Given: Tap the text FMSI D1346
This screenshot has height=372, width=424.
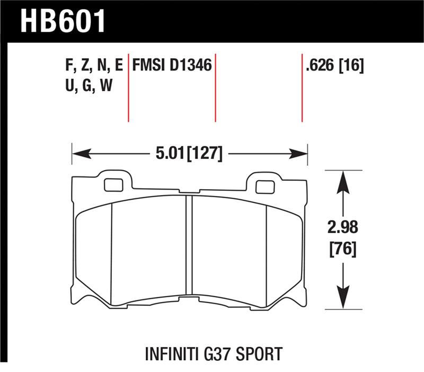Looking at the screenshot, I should coord(172,66).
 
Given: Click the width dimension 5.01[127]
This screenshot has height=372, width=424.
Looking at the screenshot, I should coord(189,155).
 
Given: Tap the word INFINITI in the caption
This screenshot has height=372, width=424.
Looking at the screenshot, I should coord(173,353).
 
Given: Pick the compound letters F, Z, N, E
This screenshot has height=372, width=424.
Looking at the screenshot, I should coord(93,66).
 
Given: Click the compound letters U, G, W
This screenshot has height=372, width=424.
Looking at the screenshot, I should coord(88,86).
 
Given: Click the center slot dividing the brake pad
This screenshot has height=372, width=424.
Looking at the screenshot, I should coord(188,249).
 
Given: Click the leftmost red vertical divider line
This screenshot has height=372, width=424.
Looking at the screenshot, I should coord(129,87).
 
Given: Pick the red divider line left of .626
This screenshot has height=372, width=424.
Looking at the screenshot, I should coord(302,87).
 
